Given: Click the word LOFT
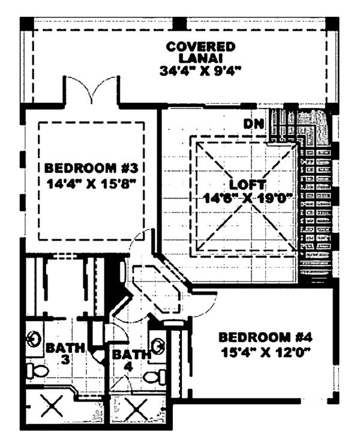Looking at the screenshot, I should click(245, 184).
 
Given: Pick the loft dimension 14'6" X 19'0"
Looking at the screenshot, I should click(246, 199).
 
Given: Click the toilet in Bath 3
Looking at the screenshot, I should click(37, 371).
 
